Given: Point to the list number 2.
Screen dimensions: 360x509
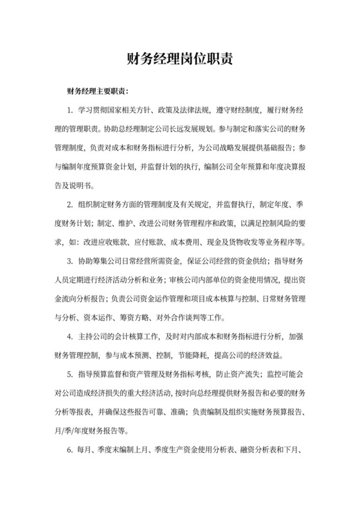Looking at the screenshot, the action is pos(69,204).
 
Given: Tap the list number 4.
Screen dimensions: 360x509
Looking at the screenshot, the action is pos(69,336).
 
